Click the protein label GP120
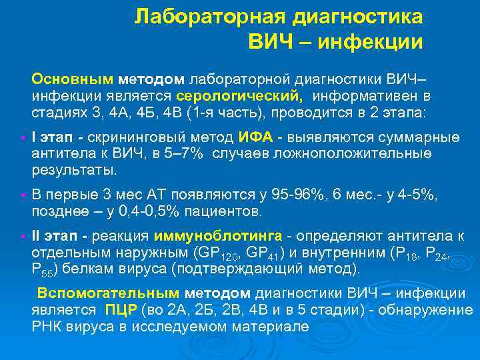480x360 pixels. coord(212,254)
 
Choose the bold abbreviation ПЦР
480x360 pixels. coord(121,310)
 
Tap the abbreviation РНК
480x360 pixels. coord(45,327)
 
